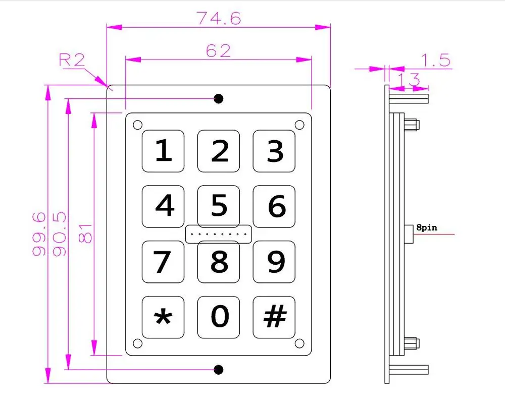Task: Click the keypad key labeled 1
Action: [x=163, y=151]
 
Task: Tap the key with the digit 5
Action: [x=219, y=206]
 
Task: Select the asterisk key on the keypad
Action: [x=163, y=317]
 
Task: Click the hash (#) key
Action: [x=274, y=317]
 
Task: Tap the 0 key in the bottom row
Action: [x=219, y=317]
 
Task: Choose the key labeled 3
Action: [x=274, y=151]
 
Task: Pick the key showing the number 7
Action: [x=163, y=261]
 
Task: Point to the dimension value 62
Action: [x=218, y=50]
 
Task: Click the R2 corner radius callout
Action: [x=72, y=61]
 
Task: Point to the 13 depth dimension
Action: [x=409, y=79]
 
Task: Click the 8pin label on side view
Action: [x=427, y=227]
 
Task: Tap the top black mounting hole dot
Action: [x=219, y=99]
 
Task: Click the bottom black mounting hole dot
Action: [x=219, y=370]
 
